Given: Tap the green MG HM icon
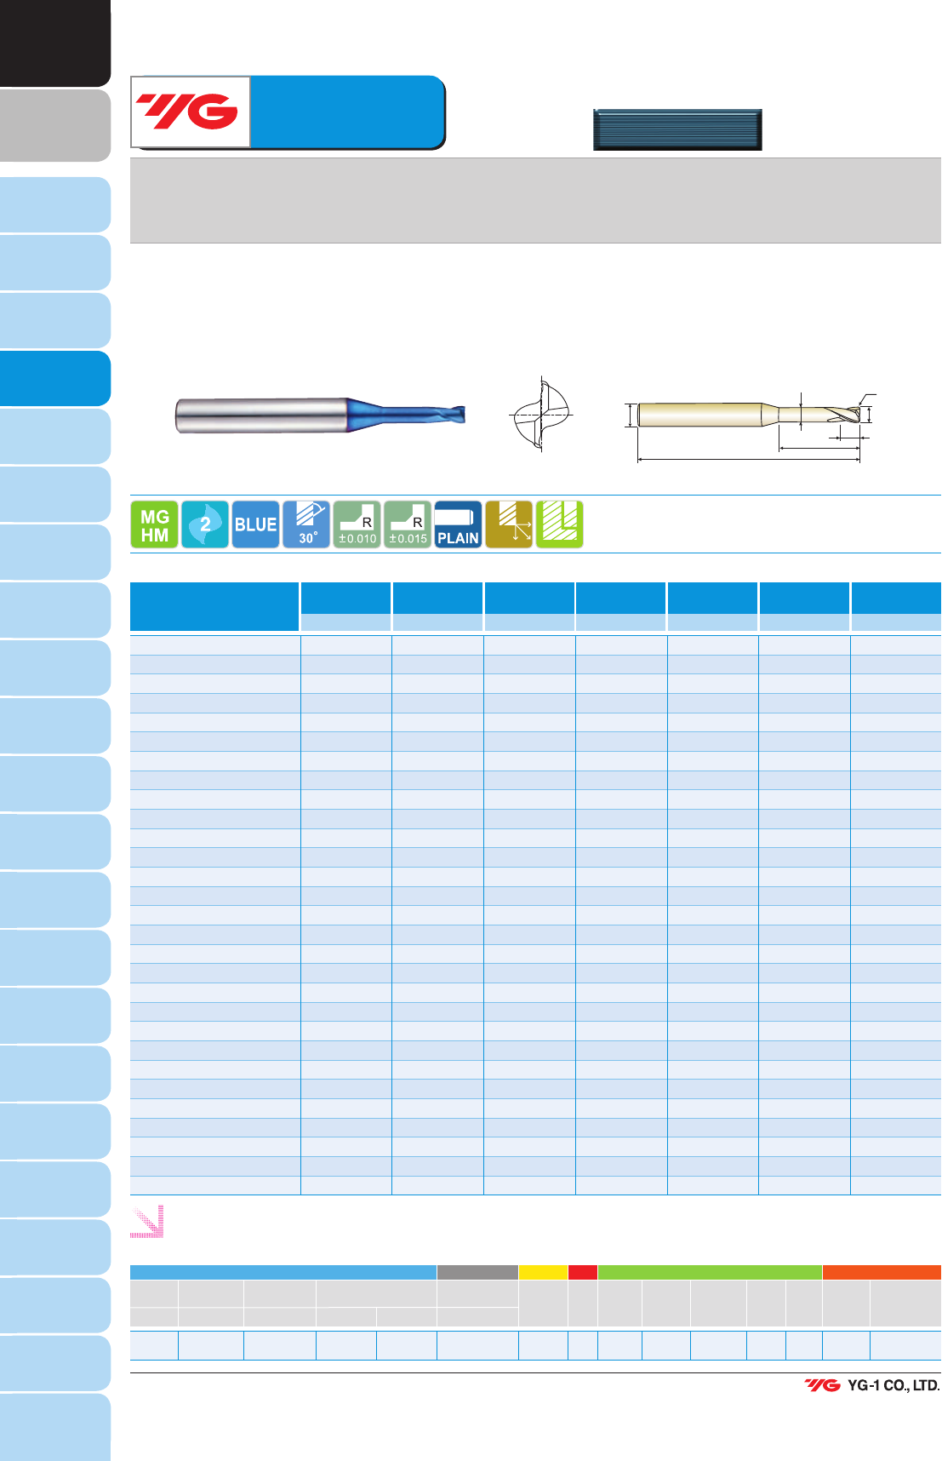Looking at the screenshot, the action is click(154, 524).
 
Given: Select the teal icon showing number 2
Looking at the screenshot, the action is click(205, 524).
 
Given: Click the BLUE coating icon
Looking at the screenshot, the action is click(255, 524).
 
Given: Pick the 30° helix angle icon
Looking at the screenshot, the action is click(306, 524).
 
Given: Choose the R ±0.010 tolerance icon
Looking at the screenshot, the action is click(357, 524).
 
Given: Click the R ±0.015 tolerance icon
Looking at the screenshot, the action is click(408, 524).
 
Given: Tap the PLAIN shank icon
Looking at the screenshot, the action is click(458, 524).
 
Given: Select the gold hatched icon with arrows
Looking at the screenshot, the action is click(509, 524).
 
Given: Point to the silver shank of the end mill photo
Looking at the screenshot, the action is click(260, 415).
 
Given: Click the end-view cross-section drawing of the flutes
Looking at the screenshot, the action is click(541, 415).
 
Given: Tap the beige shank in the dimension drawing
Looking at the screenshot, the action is click(699, 415).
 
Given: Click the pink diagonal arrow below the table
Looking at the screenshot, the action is click(146, 1221).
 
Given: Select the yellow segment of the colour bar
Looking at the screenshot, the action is click(543, 1272).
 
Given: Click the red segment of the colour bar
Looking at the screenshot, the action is click(583, 1272).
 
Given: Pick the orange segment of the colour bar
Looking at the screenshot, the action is click(882, 1272).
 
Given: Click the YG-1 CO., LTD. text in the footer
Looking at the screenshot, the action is click(893, 1385).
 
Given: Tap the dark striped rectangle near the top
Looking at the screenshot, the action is click(677, 129).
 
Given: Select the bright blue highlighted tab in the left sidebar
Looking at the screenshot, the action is click(55, 378).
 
